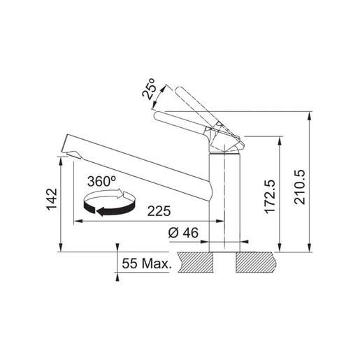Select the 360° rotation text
[x=102, y=181]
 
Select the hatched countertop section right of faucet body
[x=260, y=261]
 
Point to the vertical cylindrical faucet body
[x=226, y=203]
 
